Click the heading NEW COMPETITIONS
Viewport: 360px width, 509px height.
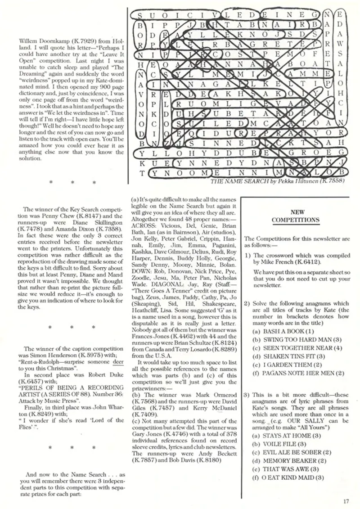coord(295,216)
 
